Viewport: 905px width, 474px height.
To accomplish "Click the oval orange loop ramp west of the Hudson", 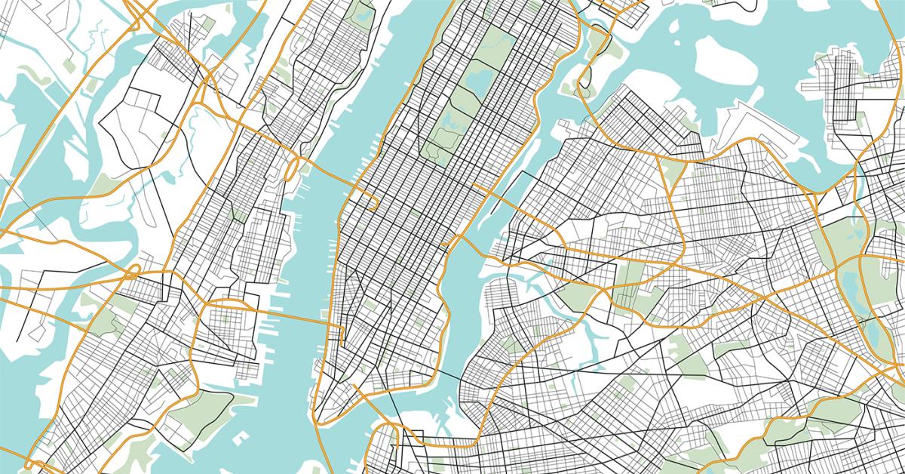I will coord(291,171).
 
